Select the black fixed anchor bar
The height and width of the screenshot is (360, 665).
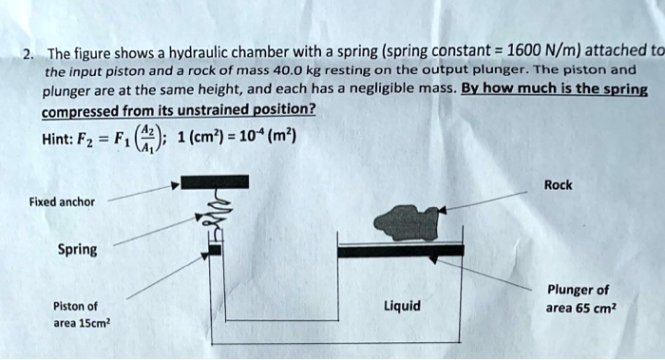click(x=215, y=181)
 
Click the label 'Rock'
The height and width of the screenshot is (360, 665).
click(x=558, y=184)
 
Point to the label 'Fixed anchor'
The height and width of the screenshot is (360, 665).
click(x=62, y=201)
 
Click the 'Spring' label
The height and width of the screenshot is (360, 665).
click(x=77, y=250)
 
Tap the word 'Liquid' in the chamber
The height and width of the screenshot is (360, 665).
click(x=402, y=306)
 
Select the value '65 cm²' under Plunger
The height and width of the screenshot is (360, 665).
click(x=589, y=308)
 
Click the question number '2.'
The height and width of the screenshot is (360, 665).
click(x=31, y=52)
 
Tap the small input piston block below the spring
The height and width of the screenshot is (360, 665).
click(x=215, y=249)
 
